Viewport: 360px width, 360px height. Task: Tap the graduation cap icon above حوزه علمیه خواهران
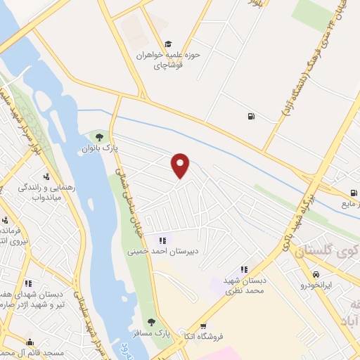click(x=168, y=44)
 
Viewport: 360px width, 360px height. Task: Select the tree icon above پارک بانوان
click(x=98, y=136)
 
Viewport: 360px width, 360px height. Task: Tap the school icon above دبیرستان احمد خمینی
click(x=163, y=240)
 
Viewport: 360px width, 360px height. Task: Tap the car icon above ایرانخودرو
click(x=316, y=274)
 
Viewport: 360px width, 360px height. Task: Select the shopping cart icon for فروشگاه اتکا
click(x=203, y=326)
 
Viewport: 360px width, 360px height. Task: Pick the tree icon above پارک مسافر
click(x=151, y=321)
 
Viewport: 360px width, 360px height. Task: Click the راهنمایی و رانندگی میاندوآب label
click(x=40, y=192)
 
